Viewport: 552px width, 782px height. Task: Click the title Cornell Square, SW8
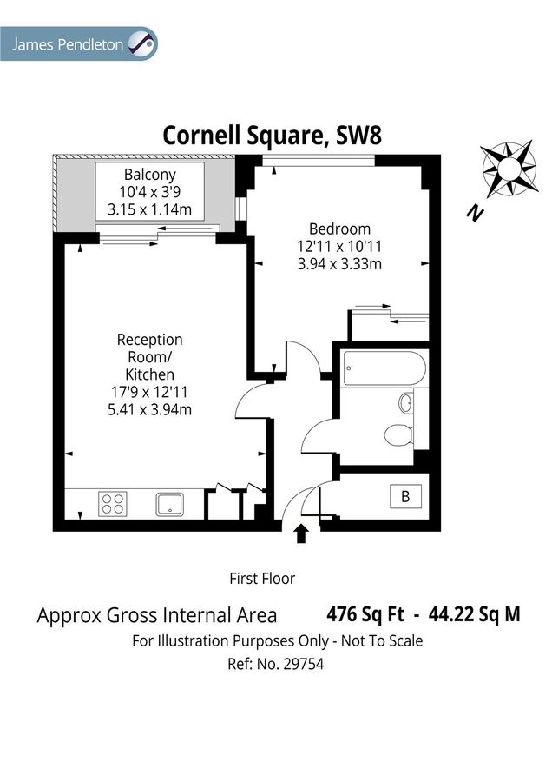[x=273, y=136]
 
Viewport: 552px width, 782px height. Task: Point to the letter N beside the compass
[x=473, y=212]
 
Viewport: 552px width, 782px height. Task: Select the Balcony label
[x=149, y=174]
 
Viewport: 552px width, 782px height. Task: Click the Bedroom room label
[x=339, y=229]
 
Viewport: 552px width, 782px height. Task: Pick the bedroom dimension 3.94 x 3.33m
[x=339, y=263]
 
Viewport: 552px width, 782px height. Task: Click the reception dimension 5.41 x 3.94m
[x=149, y=409]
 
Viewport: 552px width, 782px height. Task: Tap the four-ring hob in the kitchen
[x=112, y=503]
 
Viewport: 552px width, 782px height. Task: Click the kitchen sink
[x=169, y=503]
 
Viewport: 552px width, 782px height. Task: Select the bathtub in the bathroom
[x=383, y=368]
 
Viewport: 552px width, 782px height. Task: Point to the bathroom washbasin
[x=405, y=403]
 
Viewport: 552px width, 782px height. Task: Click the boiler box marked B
[x=404, y=497]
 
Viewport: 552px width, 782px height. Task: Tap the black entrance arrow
[x=302, y=533]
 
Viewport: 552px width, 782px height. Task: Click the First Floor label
[x=262, y=578]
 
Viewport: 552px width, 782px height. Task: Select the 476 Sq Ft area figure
[x=365, y=614]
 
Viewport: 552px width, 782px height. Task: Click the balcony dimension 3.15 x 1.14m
[x=149, y=209]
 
